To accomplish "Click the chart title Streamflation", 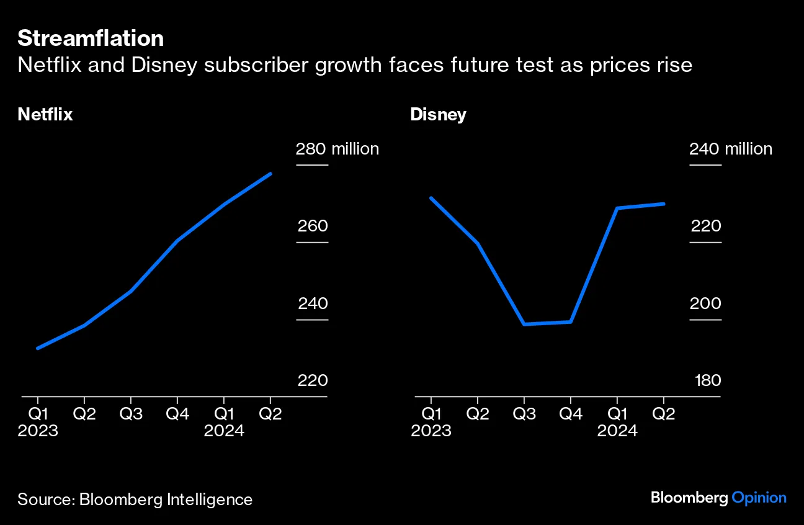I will pyautogui.click(x=91, y=38).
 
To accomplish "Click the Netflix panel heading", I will pyautogui.click(x=45, y=115).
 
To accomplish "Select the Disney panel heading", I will pyautogui.click(x=438, y=115).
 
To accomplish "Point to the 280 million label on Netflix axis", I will pyautogui.click(x=337, y=149).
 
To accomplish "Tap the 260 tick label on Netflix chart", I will pyautogui.click(x=313, y=226).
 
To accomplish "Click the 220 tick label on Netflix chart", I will pyautogui.click(x=313, y=380).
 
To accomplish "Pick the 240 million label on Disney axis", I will pyautogui.click(x=730, y=149).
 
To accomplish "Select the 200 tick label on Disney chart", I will pyautogui.click(x=706, y=303).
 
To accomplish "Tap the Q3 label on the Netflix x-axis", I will pyautogui.click(x=131, y=414).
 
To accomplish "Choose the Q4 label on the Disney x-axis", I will pyautogui.click(x=570, y=414).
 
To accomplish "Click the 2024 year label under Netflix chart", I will pyautogui.click(x=224, y=431).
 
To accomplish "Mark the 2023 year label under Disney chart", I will pyautogui.click(x=431, y=431).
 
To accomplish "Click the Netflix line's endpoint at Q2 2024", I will pyautogui.click(x=270, y=174).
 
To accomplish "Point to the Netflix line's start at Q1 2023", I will pyautogui.click(x=38, y=348).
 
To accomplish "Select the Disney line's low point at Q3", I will pyautogui.click(x=524, y=324).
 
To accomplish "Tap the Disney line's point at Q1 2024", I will pyautogui.click(x=617, y=208).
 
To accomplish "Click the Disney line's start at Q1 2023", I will pyautogui.click(x=431, y=198).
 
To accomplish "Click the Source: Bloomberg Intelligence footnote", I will pyautogui.click(x=135, y=500).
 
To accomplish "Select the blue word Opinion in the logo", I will pyautogui.click(x=759, y=498).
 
